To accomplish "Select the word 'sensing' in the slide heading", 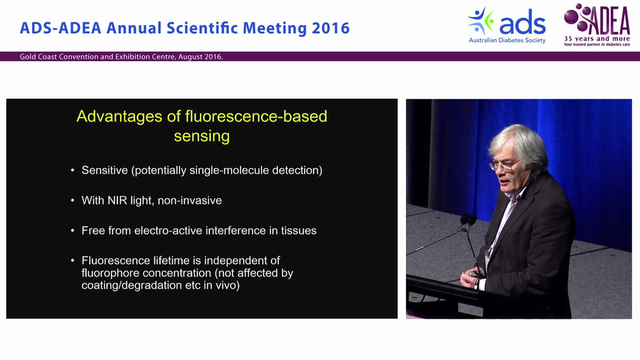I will coord(201,136).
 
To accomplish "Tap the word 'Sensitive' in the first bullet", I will coord(104,170).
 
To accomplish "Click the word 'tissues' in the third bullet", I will coord(298,230).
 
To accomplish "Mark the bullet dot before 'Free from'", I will coord(73,230).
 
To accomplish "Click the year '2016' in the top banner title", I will coord(330,28).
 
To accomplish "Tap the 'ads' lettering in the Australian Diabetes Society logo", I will coord(522,24).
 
